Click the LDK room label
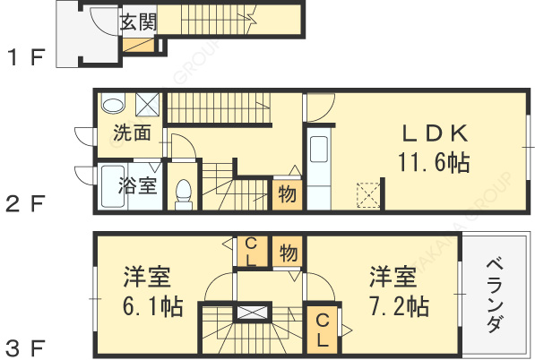click(434, 133)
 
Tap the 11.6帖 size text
click(435, 163)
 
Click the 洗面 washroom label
click(132, 134)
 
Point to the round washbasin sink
click(113, 104)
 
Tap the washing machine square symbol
click(149, 103)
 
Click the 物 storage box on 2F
click(287, 193)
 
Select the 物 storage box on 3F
click(288, 253)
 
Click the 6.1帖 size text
click(153, 305)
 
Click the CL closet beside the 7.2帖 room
click(322, 329)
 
